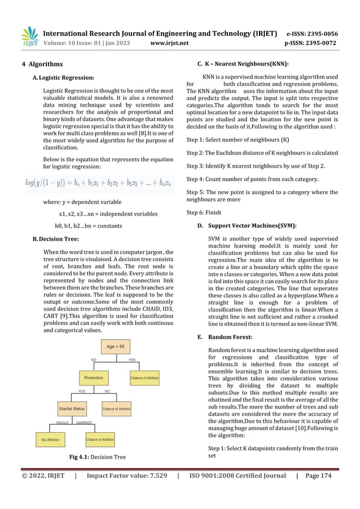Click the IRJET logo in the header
[x=29, y=37]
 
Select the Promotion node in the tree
[x=94, y=378]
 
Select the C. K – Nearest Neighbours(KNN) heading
[x=243, y=64]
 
